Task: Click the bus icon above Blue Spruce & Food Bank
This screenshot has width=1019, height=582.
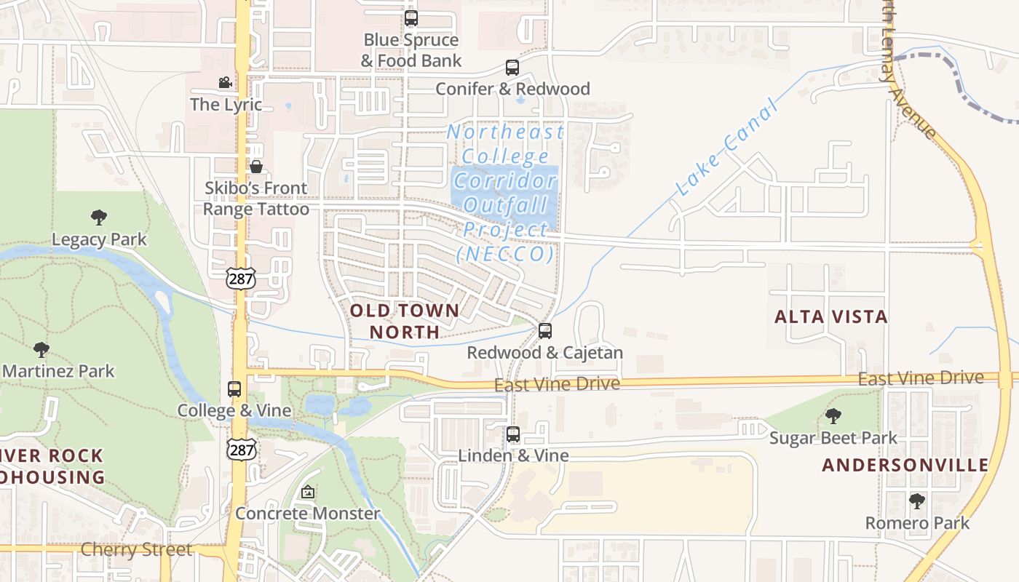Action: [x=411, y=18]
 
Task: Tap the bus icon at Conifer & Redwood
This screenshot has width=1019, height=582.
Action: [x=512, y=68]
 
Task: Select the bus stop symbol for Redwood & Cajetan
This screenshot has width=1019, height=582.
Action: [x=545, y=331]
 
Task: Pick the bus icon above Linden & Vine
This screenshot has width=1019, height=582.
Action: [x=513, y=434]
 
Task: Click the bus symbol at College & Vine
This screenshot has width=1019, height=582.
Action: [x=234, y=389]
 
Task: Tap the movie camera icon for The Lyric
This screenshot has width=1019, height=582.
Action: [x=225, y=83]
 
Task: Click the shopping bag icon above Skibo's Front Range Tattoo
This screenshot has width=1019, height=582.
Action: [x=256, y=167]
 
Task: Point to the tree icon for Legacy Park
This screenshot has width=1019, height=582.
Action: [x=99, y=217]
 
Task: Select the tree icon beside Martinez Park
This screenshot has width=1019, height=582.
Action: [x=41, y=349]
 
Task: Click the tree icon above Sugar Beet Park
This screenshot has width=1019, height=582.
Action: [x=833, y=416]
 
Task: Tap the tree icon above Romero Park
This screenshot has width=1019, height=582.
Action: [x=917, y=501]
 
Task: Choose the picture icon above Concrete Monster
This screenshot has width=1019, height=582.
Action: [x=308, y=493]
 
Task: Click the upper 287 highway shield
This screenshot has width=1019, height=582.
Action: [x=240, y=277]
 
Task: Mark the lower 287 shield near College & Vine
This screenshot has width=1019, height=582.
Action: [x=240, y=449]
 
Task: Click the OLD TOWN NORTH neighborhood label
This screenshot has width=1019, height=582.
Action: [x=405, y=321]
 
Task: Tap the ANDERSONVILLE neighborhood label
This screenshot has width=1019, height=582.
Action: [x=905, y=465]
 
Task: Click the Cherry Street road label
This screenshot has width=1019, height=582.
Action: [x=136, y=549]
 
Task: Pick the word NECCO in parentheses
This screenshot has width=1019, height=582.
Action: [x=505, y=254]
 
